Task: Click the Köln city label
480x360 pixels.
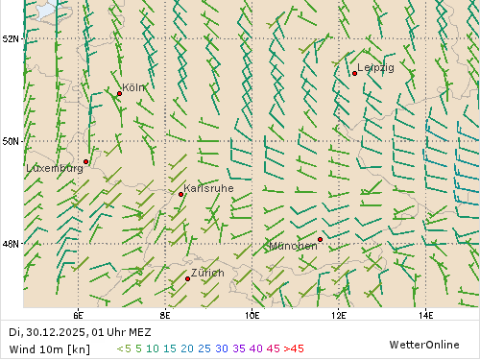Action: pos(134,87)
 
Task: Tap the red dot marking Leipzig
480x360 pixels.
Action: pos(355,73)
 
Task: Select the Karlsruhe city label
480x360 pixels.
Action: pos(208,188)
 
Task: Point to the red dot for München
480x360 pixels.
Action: pos(321,239)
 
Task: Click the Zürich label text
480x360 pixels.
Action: pos(207,274)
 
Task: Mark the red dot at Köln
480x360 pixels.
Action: pos(120,93)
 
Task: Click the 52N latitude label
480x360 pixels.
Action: pos(12,38)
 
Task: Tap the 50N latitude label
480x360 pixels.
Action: pos(12,141)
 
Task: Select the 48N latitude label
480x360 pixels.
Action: pos(12,244)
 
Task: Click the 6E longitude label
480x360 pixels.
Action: pos(78,314)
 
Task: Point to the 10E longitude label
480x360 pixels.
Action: pos(252,314)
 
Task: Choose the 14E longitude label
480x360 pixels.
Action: pos(426,314)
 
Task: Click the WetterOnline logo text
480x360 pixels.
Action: pos(423,344)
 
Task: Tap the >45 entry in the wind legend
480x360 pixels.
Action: pos(293,348)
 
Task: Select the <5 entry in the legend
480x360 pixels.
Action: pos(124,348)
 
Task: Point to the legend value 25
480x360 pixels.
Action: pos(204,348)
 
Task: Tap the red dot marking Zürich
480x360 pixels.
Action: pos(187,278)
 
